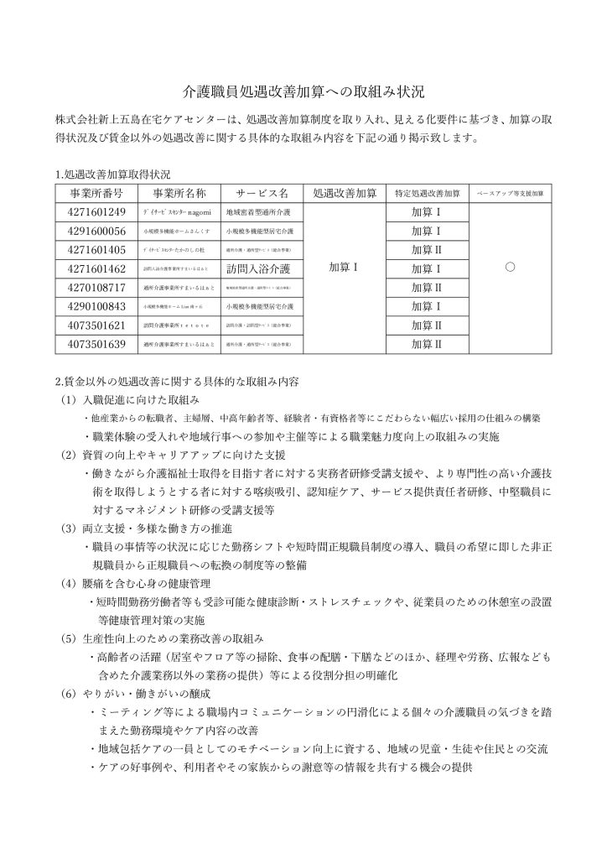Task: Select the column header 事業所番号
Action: click(x=95, y=192)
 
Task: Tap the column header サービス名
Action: click(x=262, y=192)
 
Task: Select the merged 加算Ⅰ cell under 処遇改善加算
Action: click(x=344, y=268)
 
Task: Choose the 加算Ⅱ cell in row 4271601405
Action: click(x=428, y=249)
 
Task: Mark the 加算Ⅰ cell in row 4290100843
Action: click(x=428, y=306)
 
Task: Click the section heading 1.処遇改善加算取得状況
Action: click(x=112, y=174)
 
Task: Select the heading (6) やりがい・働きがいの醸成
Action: click(x=135, y=695)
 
